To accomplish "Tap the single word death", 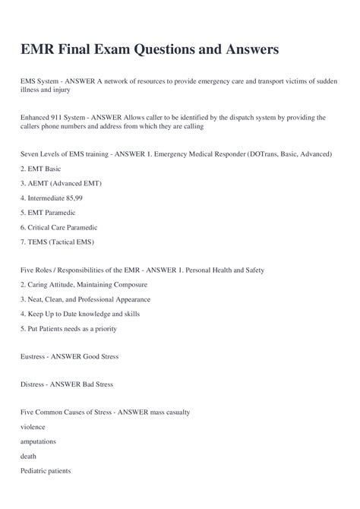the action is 30,456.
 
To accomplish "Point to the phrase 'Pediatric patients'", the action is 46,470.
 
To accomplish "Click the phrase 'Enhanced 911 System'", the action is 52,118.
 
